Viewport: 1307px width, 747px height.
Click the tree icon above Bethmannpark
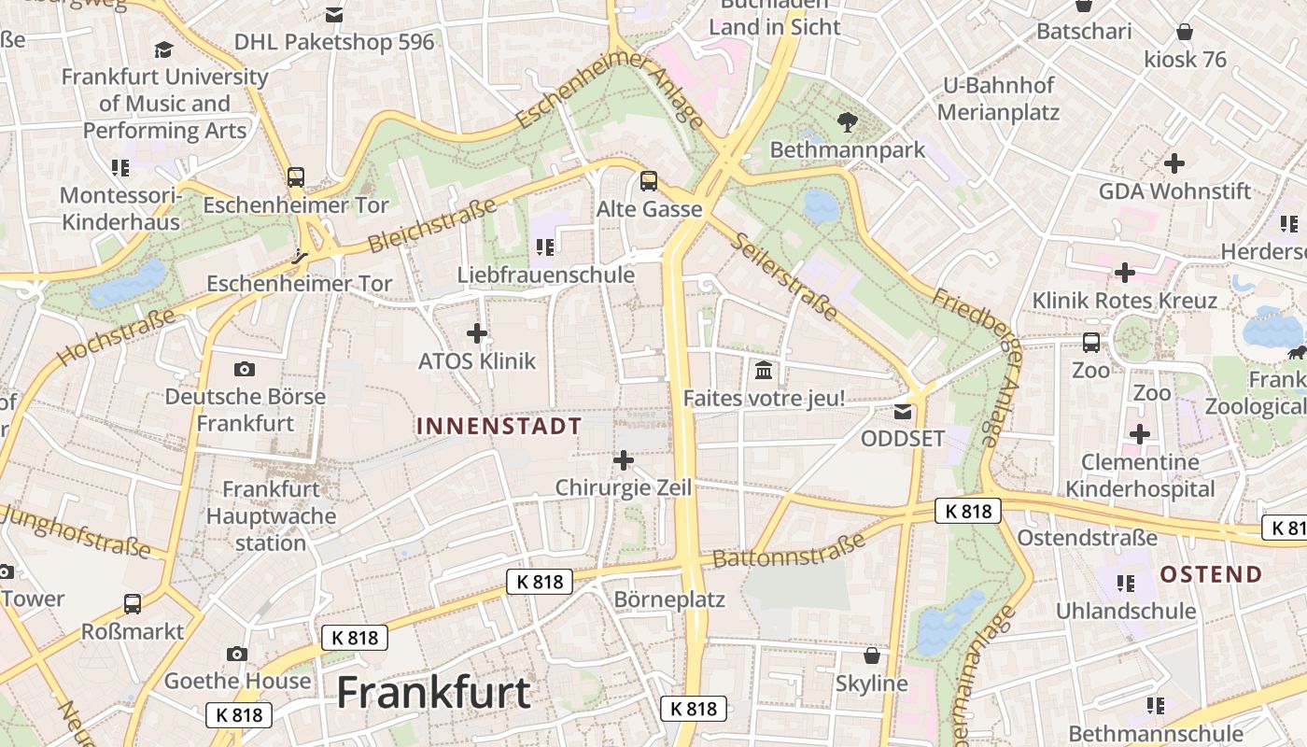(x=848, y=121)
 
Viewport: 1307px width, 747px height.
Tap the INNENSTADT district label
(x=499, y=427)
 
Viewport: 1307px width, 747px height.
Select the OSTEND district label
(x=1211, y=574)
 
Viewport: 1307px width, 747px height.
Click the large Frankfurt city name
(x=433, y=693)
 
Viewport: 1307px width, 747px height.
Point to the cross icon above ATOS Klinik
(x=477, y=332)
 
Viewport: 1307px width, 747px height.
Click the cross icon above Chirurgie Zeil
(x=623, y=459)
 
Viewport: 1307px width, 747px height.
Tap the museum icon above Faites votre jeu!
(x=764, y=371)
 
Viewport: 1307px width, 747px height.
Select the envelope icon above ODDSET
(x=903, y=411)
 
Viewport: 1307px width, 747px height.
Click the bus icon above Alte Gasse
(x=648, y=181)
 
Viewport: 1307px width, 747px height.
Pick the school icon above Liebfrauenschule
(x=545, y=247)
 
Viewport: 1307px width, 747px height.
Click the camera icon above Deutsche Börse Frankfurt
(x=245, y=369)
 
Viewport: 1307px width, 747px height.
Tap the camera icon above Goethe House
(x=237, y=654)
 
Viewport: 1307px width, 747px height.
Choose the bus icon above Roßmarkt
(x=133, y=604)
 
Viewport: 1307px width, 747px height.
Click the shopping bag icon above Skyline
(x=871, y=656)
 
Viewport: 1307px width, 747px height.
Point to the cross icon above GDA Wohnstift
(x=1173, y=163)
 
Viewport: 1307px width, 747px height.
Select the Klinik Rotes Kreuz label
(x=1124, y=301)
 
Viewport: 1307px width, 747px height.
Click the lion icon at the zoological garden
(x=1296, y=352)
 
